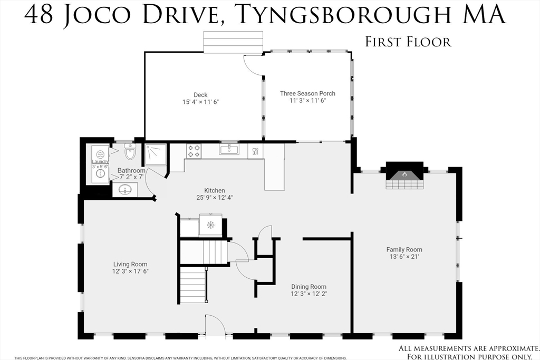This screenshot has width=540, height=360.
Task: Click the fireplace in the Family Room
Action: (x=404, y=176)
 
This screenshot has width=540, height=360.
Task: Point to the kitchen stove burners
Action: (x=194, y=151)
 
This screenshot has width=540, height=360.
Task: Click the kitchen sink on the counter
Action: (x=229, y=149)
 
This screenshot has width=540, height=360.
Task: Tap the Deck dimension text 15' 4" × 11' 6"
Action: (x=200, y=102)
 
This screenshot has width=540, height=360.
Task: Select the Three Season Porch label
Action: (x=307, y=93)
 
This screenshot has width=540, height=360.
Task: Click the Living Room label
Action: (x=130, y=264)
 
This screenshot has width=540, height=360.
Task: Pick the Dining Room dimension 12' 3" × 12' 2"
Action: (x=313, y=294)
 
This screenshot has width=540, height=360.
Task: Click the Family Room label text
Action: (x=404, y=249)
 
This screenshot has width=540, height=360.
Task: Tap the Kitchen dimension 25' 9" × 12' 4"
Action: (x=215, y=198)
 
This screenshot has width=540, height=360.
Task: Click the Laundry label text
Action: (x=100, y=161)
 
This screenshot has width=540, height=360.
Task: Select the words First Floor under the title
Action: (x=408, y=42)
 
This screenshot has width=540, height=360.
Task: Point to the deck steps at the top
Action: (x=234, y=42)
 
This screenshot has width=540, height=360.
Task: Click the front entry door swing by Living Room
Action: (x=215, y=324)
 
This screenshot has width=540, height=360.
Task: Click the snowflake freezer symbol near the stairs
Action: (x=210, y=225)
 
